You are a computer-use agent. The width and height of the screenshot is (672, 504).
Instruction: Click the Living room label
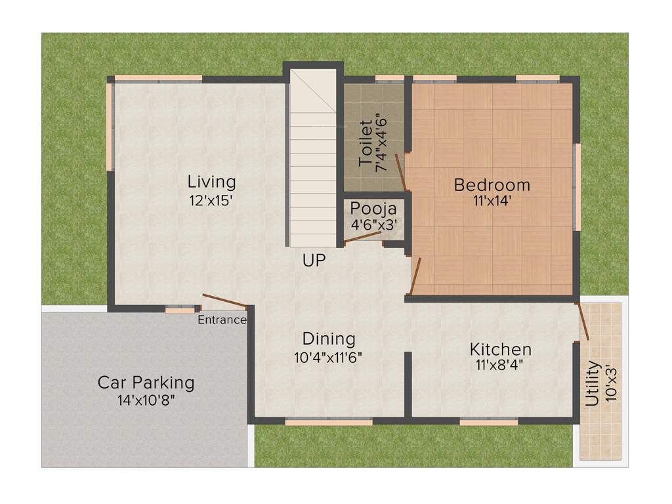(x=211, y=181)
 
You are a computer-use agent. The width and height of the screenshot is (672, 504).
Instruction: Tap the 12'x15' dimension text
(x=211, y=201)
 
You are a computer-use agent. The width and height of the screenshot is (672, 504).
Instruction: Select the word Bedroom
(x=492, y=185)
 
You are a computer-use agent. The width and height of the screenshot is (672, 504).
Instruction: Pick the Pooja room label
(x=373, y=209)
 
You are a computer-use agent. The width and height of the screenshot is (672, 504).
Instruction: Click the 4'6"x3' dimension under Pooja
(x=373, y=224)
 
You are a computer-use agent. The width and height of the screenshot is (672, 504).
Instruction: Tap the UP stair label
(x=314, y=261)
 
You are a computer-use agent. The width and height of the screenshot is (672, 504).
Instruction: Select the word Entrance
(x=222, y=320)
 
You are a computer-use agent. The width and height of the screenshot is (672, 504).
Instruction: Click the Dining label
(x=329, y=339)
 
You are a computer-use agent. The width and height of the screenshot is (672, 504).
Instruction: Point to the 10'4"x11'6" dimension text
(x=329, y=358)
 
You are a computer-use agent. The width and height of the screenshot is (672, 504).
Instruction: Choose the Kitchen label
(x=500, y=349)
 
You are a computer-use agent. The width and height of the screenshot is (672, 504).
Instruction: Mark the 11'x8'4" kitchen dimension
(x=500, y=366)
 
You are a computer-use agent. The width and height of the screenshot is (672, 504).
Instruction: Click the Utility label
(x=593, y=383)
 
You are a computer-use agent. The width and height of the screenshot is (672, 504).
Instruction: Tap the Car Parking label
(x=146, y=382)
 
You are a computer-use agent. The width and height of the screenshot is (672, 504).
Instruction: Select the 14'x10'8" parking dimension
(x=146, y=400)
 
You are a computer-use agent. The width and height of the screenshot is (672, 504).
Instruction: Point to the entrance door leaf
(x=224, y=301)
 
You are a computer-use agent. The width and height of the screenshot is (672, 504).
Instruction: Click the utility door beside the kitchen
(x=583, y=321)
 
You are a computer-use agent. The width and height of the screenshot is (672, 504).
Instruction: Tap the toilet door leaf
(x=402, y=173)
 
